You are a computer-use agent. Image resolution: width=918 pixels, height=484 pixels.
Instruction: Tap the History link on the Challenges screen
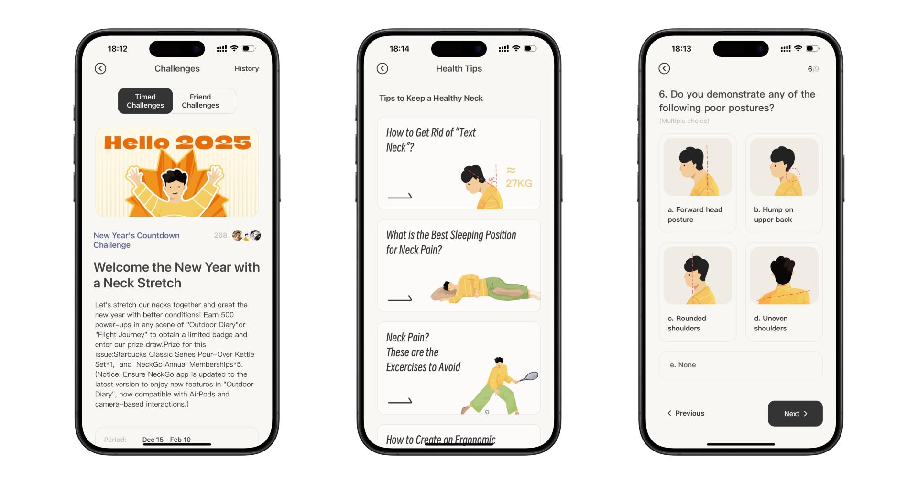tap(246, 69)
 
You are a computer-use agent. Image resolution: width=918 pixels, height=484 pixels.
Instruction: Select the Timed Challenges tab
tap(145, 101)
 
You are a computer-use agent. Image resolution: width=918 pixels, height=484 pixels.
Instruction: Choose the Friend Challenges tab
tap(200, 101)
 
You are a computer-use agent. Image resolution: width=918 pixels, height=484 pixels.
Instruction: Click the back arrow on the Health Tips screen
tap(382, 68)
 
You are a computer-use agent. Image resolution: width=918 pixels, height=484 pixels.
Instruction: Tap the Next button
tap(795, 414)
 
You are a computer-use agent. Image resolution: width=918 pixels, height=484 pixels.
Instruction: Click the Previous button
tap(686, 413)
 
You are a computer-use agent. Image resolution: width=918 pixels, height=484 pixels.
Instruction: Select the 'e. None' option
tap(741, 365)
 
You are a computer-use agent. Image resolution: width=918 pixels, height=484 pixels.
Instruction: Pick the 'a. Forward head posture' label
tap(695, 215)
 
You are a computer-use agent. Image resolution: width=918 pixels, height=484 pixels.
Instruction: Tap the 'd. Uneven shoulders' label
tap(771, 323)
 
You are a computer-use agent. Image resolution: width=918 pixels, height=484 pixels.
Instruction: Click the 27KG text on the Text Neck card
tap(519, 183)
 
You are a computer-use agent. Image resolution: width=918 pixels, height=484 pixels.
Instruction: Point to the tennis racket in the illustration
tap(528, 377)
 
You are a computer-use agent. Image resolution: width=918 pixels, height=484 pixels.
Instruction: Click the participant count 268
tap(220, 235)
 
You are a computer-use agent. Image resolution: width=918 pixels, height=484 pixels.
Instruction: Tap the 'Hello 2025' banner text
tap(177, 143)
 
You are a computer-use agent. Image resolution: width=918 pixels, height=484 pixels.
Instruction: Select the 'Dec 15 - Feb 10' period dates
tap(166, 440)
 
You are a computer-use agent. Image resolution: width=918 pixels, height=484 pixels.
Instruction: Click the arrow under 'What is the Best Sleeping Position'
tap(400, 298)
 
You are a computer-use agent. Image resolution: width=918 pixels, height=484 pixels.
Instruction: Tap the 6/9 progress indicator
tap(813, 69)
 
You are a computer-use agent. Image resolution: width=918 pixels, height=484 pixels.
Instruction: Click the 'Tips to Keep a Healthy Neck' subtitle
tap(431, 98)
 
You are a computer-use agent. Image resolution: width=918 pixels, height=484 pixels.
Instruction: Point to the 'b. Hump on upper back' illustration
tap(784, 167)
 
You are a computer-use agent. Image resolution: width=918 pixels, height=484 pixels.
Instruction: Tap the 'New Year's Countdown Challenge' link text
tap(136, 240)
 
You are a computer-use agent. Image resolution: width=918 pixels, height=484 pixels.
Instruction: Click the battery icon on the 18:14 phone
tap(530, 48)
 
